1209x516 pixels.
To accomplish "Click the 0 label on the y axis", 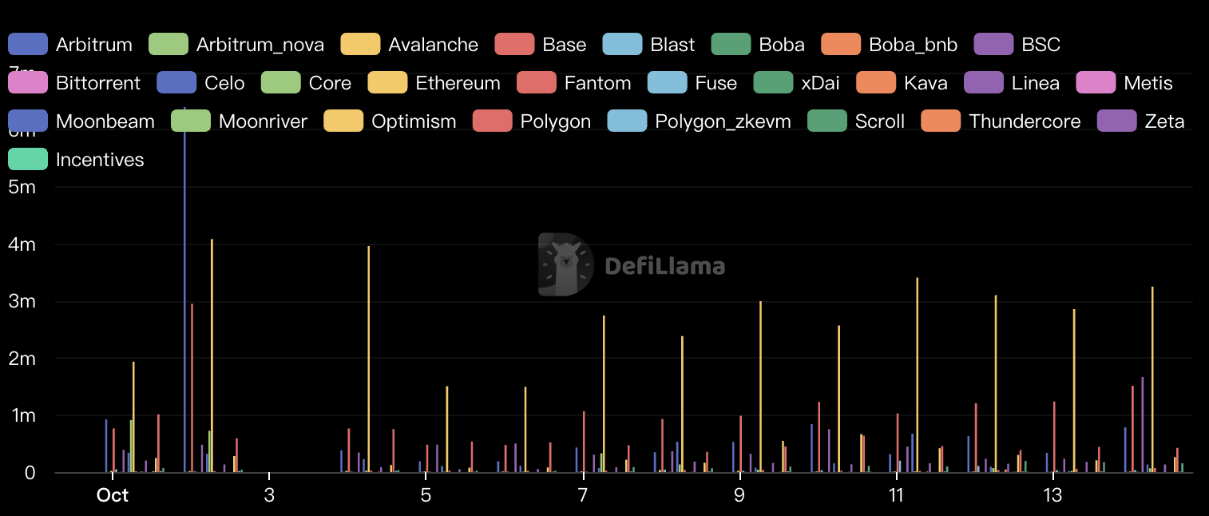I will (30, 473).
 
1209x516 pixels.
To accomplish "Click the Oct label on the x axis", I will (113, 495).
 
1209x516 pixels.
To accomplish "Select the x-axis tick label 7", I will (583, 495).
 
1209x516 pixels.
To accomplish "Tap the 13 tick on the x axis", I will (1053, 495).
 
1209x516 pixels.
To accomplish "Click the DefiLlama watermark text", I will (664, 265).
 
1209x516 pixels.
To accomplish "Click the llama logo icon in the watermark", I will (565, 265).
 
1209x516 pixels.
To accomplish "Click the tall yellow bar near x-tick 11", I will (917, 375).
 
